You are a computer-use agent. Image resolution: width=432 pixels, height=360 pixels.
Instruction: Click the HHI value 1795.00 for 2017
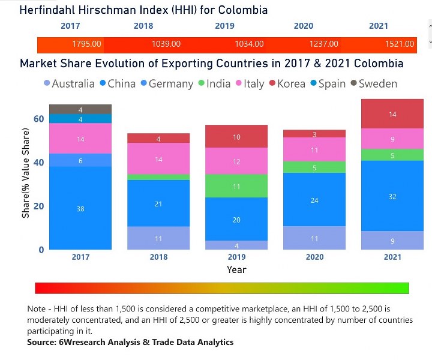click(x=88, y=44)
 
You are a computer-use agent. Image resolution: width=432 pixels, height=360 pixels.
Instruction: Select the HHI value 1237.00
click(x=323, y=44)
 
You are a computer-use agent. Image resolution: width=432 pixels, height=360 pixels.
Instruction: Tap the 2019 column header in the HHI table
click(x=224, y=26)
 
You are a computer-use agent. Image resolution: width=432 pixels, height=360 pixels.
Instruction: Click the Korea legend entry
click(x=286, y=84)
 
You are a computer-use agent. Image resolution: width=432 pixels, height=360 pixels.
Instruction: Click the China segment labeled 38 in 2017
click(x=80, y=208)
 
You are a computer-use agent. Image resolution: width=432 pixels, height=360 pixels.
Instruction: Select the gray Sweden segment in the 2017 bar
click(x=80, y=109)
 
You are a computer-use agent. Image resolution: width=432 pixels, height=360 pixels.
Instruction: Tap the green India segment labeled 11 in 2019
click(x=236, y=186)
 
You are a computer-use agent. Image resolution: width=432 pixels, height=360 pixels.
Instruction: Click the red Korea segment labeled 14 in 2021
click(x=392, y=114)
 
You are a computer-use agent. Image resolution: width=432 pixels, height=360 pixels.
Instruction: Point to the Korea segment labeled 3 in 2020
click(x=314, y=134)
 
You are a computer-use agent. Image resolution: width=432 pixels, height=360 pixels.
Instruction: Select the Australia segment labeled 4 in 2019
click(x=236, y=245)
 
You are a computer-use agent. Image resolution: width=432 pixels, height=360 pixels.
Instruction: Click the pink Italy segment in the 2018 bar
click(x=158, y=159)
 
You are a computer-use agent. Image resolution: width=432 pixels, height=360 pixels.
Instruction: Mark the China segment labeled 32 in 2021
click(x=392, y=196)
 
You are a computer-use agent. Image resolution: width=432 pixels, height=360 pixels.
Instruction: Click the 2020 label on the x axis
click(x=314, y=257)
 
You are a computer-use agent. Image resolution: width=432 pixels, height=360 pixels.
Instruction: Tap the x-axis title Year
click(x=236, y=269)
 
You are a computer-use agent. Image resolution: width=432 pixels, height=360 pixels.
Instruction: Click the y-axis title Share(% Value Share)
click(x=26, y=172)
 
